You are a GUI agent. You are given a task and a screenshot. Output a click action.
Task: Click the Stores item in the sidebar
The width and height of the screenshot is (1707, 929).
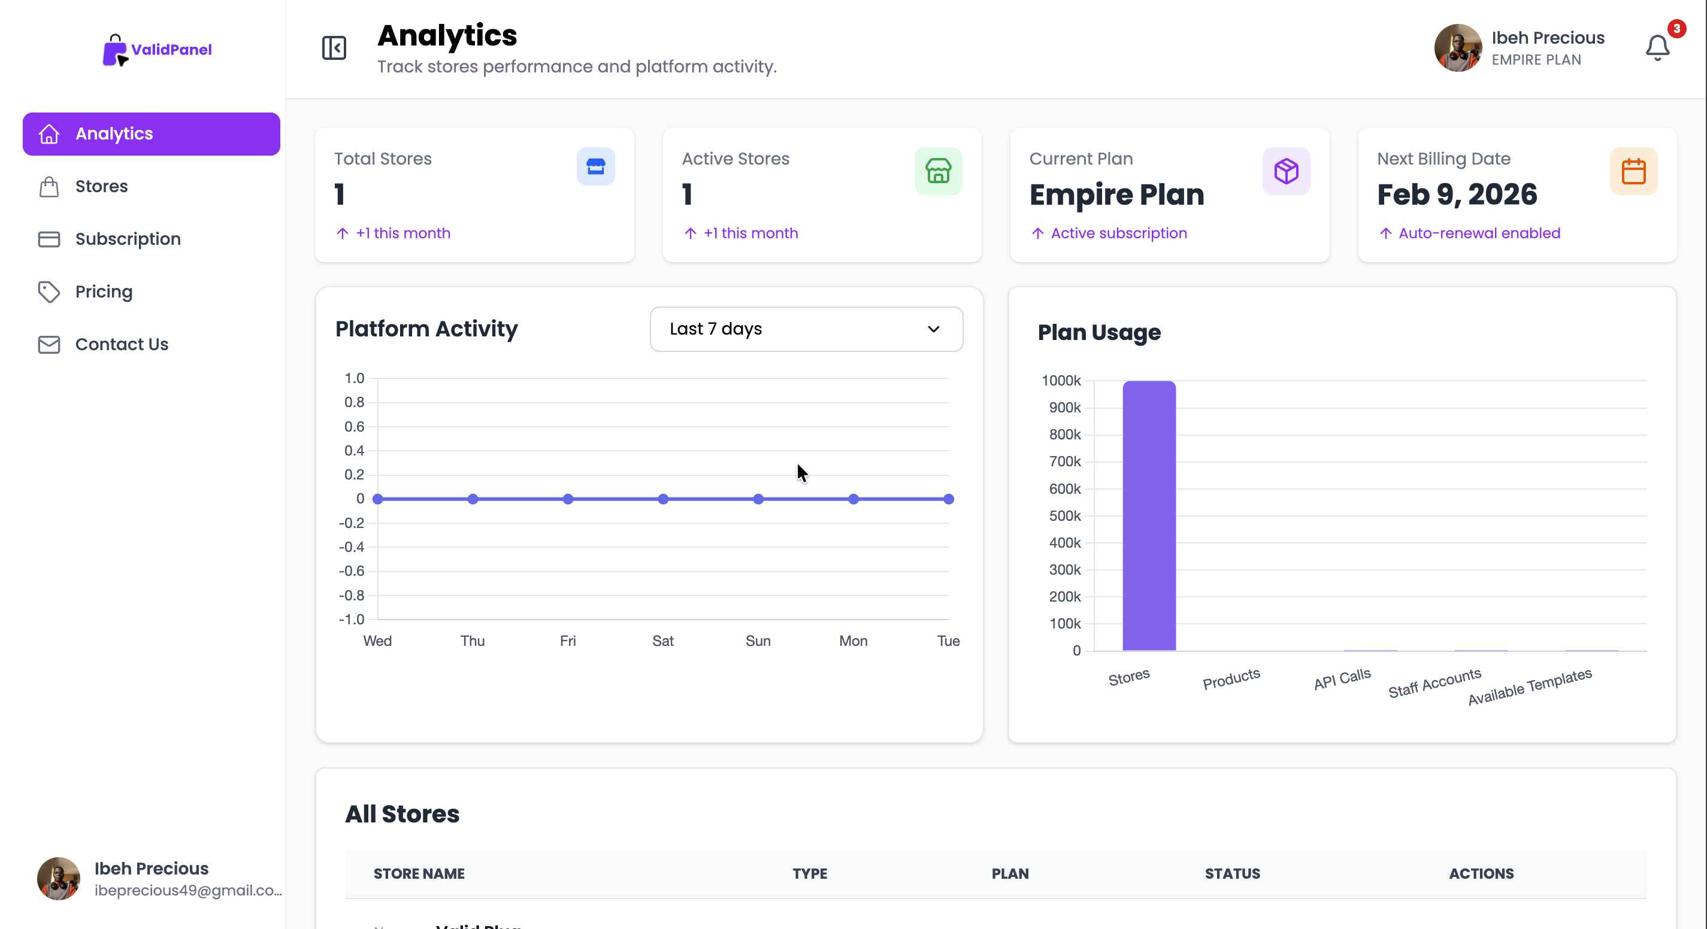[101, 187]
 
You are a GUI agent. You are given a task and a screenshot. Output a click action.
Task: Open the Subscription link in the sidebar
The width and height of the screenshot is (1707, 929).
[127, 239]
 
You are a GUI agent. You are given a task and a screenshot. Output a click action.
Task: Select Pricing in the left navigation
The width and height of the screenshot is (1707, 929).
[104, 292]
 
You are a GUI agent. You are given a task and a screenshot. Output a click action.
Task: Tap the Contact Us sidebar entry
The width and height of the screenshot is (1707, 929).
[121, 344]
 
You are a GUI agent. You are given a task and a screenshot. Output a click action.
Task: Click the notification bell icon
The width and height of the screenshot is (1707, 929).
[1657, 48]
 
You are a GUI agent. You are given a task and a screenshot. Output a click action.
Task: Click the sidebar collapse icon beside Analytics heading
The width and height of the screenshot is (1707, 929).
[334, 48]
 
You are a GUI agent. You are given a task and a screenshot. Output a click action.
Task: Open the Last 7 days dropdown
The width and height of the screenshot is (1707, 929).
[806, 329]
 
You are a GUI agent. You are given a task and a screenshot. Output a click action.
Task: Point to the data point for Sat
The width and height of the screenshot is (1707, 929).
[662, 499]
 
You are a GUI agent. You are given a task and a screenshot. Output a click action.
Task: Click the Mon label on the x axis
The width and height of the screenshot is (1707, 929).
[853, 641]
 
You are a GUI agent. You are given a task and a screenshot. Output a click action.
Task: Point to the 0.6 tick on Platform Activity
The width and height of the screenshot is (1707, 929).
[354, 426]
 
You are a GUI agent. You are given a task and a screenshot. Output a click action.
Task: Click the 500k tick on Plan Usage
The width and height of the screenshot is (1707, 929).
[1064, 516]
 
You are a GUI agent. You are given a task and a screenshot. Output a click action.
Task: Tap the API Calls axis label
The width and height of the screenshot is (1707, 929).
[1342, 679]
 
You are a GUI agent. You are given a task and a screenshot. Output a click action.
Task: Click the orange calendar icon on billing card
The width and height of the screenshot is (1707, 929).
[1633, 172]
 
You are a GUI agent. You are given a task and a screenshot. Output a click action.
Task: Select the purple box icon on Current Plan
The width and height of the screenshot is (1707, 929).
[1285, 172]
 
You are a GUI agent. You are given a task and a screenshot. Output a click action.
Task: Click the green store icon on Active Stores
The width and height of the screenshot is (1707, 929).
[938, 172]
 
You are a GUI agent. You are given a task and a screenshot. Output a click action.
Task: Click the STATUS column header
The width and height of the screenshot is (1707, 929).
[1232, 874]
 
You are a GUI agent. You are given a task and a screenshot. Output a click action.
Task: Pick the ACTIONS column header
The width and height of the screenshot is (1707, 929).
[1481, 874]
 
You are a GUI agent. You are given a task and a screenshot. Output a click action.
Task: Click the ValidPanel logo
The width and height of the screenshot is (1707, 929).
[157, 50]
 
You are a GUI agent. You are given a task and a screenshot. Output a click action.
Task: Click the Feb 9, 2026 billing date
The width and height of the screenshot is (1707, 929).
[1457, 195]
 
